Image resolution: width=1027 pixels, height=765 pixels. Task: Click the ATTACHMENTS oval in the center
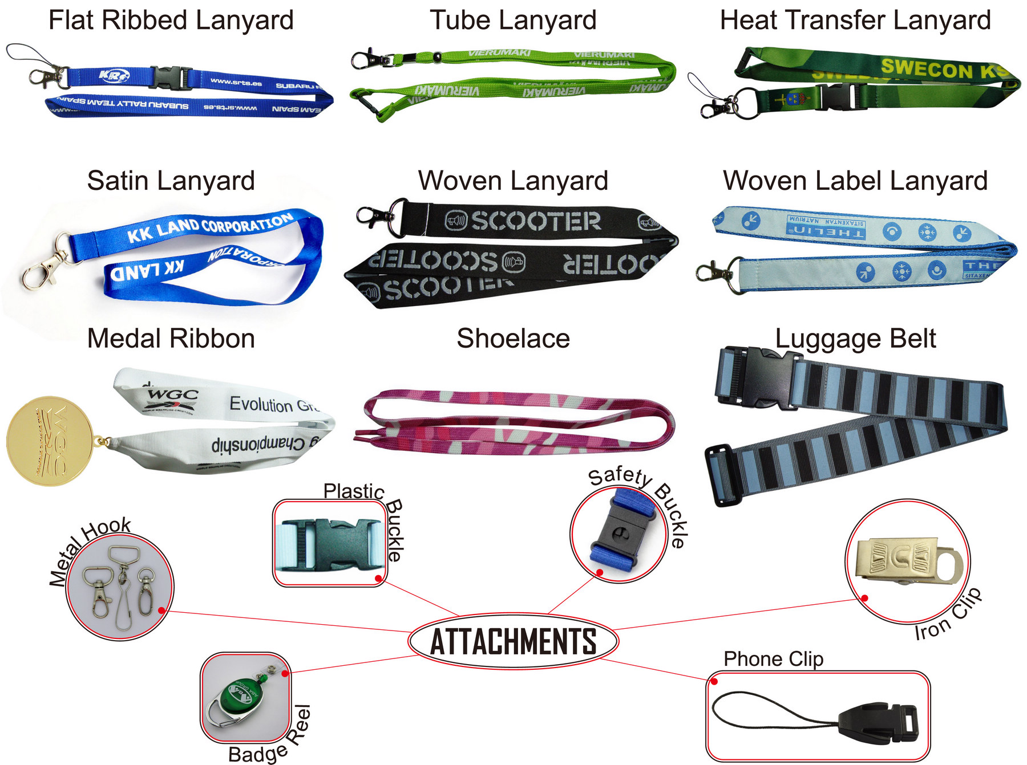point(513,641)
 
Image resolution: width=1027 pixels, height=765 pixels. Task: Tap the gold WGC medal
point(50,441)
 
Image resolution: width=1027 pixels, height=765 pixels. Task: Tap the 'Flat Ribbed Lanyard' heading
point(171,21)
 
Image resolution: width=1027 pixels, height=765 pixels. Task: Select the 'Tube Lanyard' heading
point(513,21)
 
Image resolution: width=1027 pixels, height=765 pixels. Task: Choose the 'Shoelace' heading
point(513,339)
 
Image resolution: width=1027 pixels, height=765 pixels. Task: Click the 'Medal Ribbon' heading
point(171,339)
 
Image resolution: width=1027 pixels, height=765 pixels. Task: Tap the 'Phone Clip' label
point(773,659)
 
